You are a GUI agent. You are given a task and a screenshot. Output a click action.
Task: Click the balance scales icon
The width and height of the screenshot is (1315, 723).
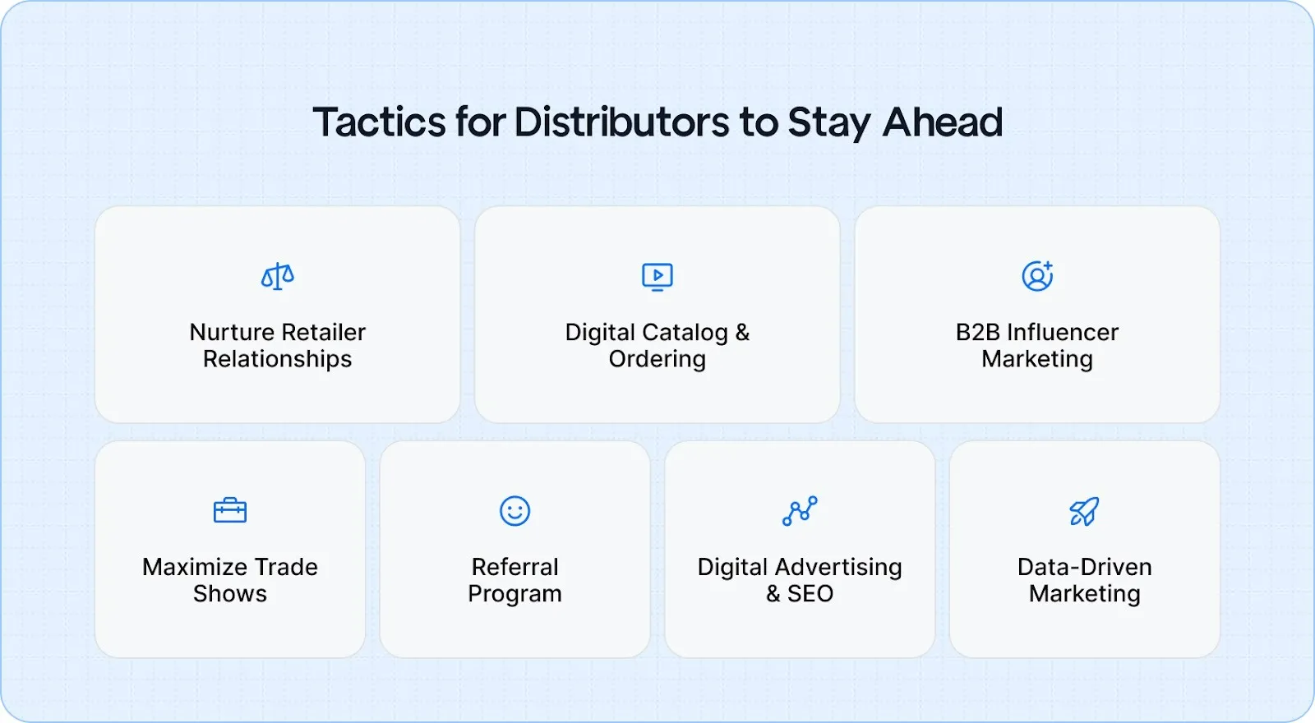pos(278,277)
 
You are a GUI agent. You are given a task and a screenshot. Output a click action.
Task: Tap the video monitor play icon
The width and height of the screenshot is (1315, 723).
pos(657,277)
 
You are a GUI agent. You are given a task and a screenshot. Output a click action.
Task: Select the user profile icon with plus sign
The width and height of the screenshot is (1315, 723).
pos(1037,276)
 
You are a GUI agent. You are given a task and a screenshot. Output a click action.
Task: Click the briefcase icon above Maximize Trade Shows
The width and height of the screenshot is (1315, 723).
pos(230,511)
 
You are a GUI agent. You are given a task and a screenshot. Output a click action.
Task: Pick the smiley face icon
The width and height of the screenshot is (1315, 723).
pos(515,511)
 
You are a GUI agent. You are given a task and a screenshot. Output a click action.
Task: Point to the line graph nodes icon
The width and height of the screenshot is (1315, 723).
pos(800,511)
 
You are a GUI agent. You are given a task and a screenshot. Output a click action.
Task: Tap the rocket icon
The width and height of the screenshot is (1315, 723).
pos(1084,511)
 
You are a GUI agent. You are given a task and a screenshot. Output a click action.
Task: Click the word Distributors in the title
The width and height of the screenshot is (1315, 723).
pos(621,122)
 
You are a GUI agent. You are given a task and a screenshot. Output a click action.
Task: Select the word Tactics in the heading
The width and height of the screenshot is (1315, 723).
pos(379,122)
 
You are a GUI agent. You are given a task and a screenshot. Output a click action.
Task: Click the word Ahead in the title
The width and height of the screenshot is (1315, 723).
pos(943,122)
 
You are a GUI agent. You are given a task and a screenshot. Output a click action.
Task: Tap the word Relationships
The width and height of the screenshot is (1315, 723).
pos(278,359)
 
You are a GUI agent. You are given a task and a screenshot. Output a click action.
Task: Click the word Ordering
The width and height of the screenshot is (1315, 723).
pos(657,359)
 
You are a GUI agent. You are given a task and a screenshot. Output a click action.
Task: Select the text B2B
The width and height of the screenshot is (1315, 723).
pos(977,332)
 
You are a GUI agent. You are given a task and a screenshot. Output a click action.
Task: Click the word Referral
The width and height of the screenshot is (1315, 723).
pos(515,567)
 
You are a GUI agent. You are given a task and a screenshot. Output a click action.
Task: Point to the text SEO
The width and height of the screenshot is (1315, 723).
pos(810,593)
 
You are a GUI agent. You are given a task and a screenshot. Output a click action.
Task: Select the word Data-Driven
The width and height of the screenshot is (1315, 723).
pos(1084,567)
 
